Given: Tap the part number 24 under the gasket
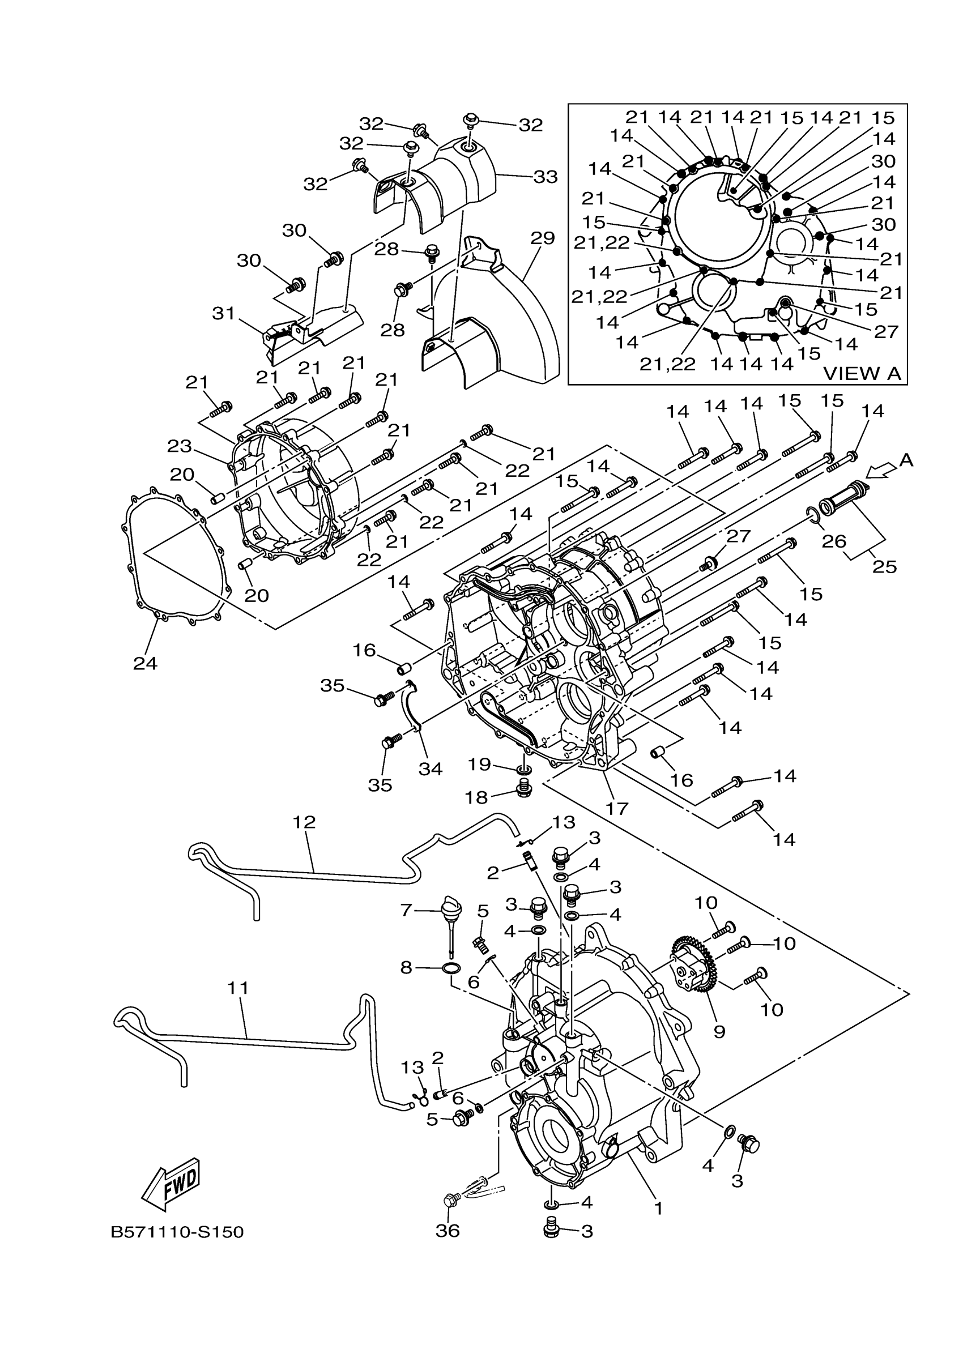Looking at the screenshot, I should pyautogui.click(x=145, y=663).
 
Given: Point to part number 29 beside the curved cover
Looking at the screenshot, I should pyautogui.click(x=542, y=238).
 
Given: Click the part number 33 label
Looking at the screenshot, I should pyautogui.click(x=546, y=176).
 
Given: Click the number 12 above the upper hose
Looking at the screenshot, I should pyautogui.click(x=304, y=822).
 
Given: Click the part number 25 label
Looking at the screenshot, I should pyautogui.click(x=884, y=566).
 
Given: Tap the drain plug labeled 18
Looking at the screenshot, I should pyautogui.click(x=524, y=789).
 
